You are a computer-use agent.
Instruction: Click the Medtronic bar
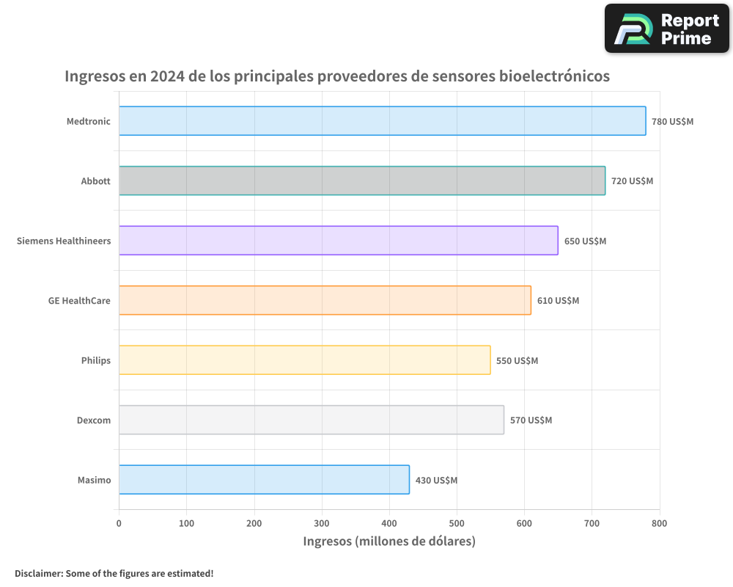point(381,121)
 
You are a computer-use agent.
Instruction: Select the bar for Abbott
point(361,181)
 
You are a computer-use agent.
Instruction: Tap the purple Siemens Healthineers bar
point(338,241)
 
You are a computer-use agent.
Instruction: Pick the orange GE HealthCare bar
point(324,300)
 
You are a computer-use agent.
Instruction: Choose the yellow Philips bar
point(304,360)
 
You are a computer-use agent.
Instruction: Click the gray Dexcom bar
point(311,420)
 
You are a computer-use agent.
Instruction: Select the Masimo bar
point(264,480)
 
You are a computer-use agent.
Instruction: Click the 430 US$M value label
point(436,481)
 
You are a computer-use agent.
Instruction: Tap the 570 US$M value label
point(531,420)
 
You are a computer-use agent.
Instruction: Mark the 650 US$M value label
point(585,241)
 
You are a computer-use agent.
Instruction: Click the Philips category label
point(96,360)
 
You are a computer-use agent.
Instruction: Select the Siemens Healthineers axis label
point(64,241)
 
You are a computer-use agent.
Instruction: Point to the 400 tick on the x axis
point(389,523)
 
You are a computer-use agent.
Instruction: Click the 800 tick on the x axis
point(660,523)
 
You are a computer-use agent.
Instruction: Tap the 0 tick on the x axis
point(119,523)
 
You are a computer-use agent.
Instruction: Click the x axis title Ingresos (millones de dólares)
point(389,542)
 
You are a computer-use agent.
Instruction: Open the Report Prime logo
point(667,29)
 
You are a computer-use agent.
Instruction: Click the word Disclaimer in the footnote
point(38,573)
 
